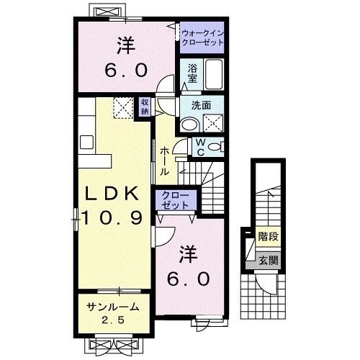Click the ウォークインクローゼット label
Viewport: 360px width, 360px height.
coord(203,38)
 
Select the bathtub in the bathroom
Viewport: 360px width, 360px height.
coord(214,74)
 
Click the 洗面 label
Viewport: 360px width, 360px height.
coord(201,106)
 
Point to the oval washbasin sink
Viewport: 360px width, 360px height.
coord(190,125)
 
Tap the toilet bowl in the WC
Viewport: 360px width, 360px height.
coord(214,147)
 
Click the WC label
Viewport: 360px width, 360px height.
coord(201,147)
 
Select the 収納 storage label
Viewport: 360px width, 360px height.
coord(145,107)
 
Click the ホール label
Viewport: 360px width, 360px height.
coord(164,161)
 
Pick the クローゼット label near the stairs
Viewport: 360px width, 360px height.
coord(176,200)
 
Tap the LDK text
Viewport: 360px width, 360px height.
coord(112,193)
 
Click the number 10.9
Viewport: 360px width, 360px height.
coord(113,217)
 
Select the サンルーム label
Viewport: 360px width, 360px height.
coord(113,307)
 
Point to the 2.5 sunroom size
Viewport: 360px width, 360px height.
coord(113,320)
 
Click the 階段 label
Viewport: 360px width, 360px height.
coord(268,236)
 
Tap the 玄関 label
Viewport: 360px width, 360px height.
coord(269,261)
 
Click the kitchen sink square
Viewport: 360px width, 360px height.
coord(86,142)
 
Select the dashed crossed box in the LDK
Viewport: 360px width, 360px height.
coord(123,108)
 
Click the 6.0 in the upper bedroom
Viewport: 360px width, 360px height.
coord(126,70)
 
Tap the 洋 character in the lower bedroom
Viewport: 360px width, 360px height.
coord(189,254)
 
